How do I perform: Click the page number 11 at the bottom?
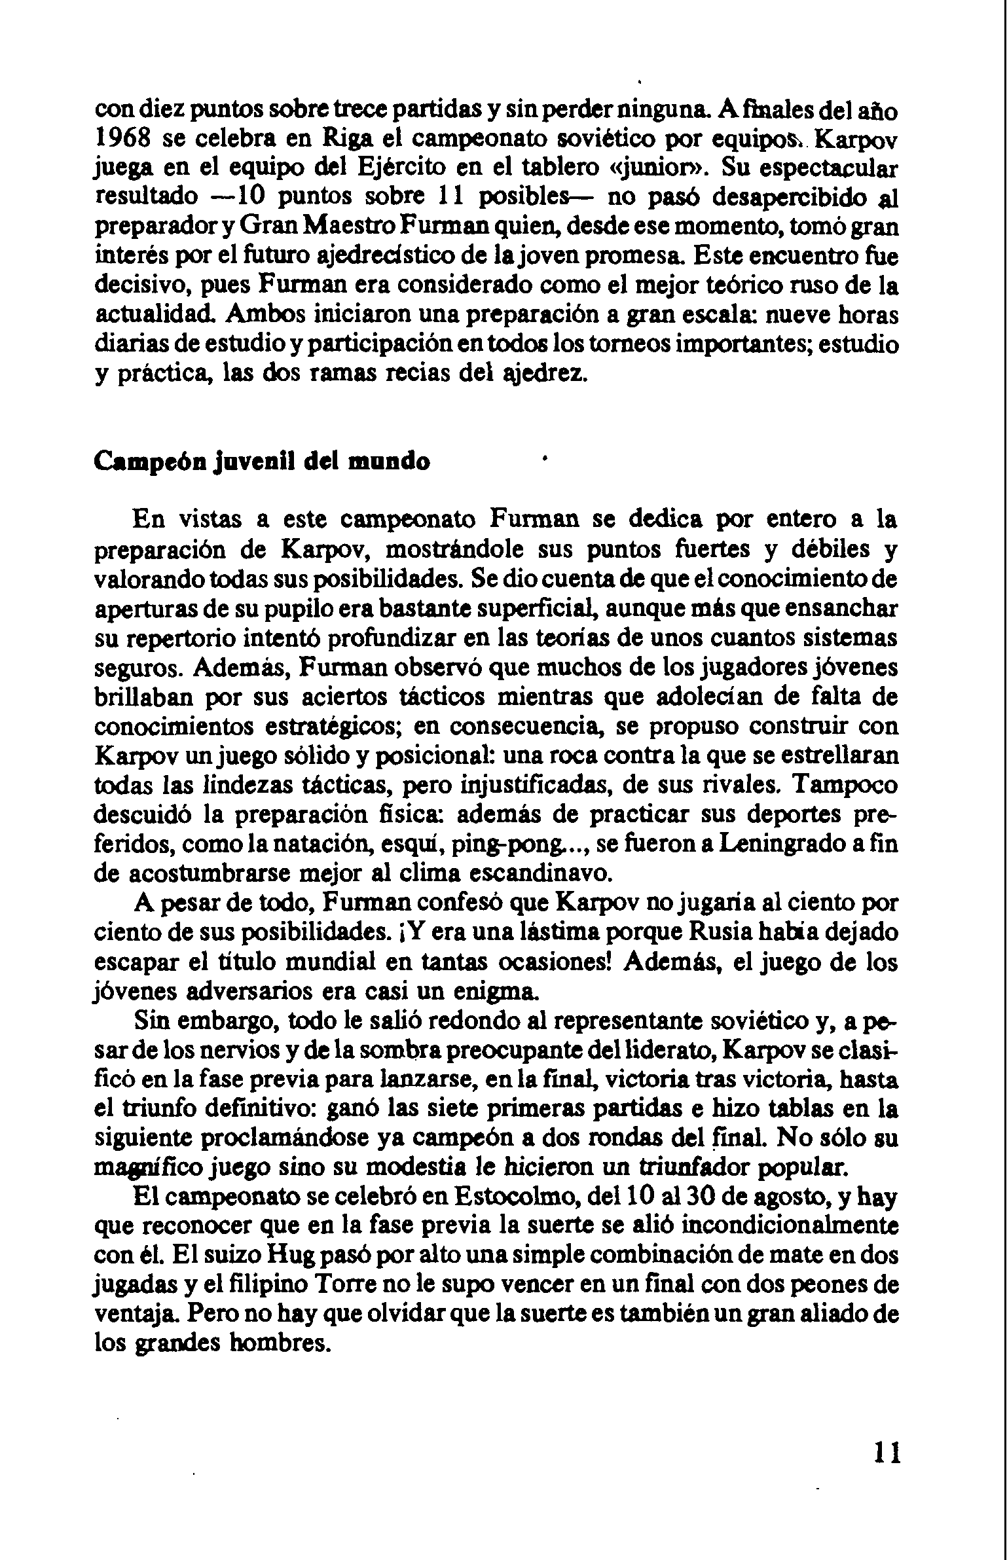887,1452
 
